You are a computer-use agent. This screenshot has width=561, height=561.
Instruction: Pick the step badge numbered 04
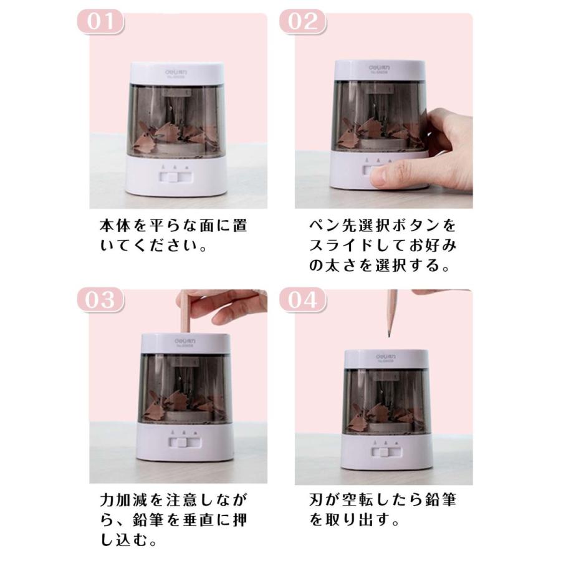302,300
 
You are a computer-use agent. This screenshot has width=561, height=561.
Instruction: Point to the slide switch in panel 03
184,444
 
